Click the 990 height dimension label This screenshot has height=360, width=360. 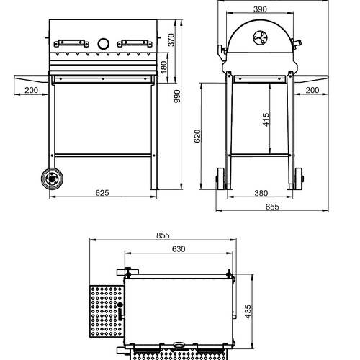tap(177, 96)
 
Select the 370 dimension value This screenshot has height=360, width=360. tap(171, 40)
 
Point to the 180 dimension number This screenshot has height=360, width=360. tap(163, 68)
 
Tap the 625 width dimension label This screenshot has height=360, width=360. tap(102, 193)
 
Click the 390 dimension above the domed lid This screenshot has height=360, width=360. tap(260, 9)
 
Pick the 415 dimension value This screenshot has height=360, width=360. tap(266, 120)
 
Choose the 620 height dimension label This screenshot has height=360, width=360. tap(197, 136)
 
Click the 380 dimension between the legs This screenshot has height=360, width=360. tap(261, 193)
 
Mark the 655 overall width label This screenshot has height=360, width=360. tap(272, 207)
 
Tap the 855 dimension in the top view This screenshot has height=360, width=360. tap(163, 235)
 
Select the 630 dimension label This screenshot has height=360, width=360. tap(179, 249)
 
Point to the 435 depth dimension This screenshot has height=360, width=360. tap(248, 312)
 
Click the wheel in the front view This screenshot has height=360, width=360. tap(52, 179)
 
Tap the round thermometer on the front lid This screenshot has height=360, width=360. tap(104, 44)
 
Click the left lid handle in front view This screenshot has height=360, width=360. tap(71, 43)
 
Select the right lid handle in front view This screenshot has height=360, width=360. tap(135, 43)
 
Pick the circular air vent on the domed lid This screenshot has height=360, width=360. tap(261, 38)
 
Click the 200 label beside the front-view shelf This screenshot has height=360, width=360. tap(32, 90)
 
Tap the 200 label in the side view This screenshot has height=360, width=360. tap(312, 90)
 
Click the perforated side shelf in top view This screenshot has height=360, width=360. tap(107, 311)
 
